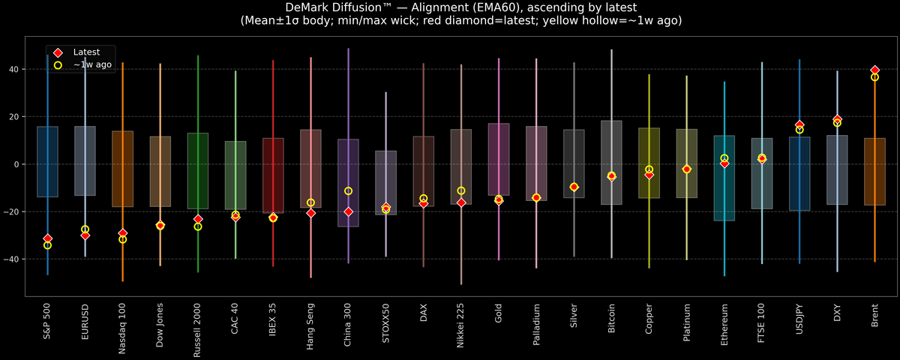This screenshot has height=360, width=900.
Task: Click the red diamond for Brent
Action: tap(874, 70)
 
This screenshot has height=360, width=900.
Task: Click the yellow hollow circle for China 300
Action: tap(348, 191)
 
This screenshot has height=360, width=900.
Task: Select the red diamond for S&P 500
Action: tap(48, 238)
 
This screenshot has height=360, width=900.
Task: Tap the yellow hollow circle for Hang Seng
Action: tap(310, 202)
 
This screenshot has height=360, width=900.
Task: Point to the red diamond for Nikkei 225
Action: tap(461, 202)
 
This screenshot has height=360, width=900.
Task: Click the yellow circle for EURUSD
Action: tap(85, 229)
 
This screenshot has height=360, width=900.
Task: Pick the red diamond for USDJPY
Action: tap(799, 124)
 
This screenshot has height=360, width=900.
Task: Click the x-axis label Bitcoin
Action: tap(611, 321)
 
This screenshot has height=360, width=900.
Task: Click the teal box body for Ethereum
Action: tap(724, 195)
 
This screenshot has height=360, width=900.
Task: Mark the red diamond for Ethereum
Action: tap(724, 163)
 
